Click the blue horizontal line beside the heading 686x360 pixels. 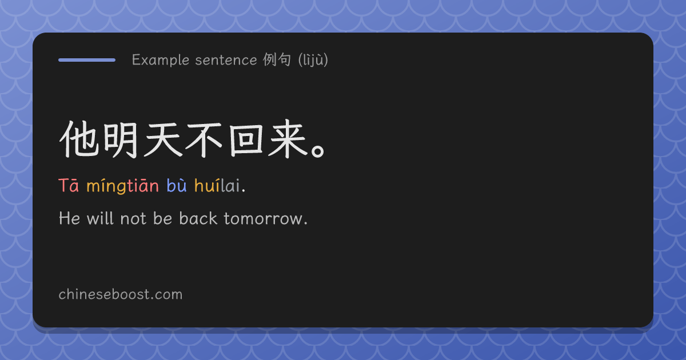pyautogui.click(x=87, y=60)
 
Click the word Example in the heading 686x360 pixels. pyautogui.click(x=161, y=60)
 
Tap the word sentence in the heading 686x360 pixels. pyautogui.click(x=226, y=60)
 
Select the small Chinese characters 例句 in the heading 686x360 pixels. pyautogui.click(x=277, y=59)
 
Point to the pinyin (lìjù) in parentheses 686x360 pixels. pyautogui.click(x=313, y=60)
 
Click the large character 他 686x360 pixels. pyautogui.click(x=79, y=139)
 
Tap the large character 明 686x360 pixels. pyautogui.click(x=121, y=140)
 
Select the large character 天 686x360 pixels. pyautogui.click(x=162, y=139)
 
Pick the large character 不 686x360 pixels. pyautogui.click(x=204, y=140)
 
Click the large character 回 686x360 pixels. pyautogui.click(x=246, y=141)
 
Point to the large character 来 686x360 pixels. pyautogui.click(x=288, y=139)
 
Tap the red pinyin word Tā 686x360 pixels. pyautogui.click(x=69, y=186)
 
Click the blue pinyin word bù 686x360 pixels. pyautogui.click(x=177, y=185)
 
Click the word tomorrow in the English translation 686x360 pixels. pyautogui.click(x=265, y=218)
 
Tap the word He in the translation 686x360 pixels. pyautogui.click(x=70, y=218)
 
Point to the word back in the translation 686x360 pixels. pyautogui.click(x=198, y=218)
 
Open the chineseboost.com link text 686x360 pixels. pyautogui.click(x=121, y=294)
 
